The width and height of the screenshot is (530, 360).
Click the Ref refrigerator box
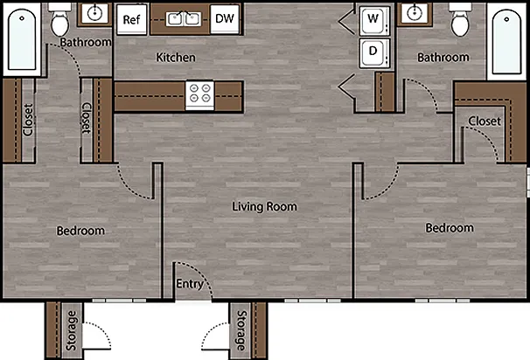pyautogui.click(x=132, y=19)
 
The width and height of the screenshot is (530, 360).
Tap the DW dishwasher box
pyautogui.click(x=225, y=19)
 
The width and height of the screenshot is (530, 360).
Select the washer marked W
pyautogui.click(x=374, y=20)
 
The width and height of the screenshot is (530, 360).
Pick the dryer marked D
pyautogui.click(x=374, y=53)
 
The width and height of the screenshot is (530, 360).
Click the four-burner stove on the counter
pyautogui.click(x=199, y=95)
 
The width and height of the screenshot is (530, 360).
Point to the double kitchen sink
pyautogui.click(x=184, y=19)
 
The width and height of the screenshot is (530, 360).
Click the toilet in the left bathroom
pyautogui.click(x=60, y=20)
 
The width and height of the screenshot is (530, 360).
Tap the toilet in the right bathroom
pyautogui.click(x=460, y=20)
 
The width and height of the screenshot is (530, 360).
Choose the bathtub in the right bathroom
pyautogui.click(x=506, y=41)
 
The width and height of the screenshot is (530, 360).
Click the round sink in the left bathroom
pyautogui.click(x=94, y=13)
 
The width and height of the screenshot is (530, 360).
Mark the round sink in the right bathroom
pyautogui.click(x=415, y=13)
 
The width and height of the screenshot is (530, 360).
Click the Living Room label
pyautogui.click(x=264, y=207)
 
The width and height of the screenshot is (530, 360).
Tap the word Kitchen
pyautogui.click(x=176, y=58)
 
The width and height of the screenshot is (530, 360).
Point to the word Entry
pyautogui.click(x=190, y=284)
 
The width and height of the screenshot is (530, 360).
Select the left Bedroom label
pyautogui.click(x=80, y=231)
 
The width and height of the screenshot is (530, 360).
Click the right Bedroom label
pyautogui.click(x=450, y=228)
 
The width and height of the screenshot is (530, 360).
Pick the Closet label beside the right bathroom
pyautogui.click(x=485, y=121)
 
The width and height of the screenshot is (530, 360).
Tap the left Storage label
pyautogui.click(x=72, y=330)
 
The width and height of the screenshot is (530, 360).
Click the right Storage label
pyautogui.click(x=241, y=330)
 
